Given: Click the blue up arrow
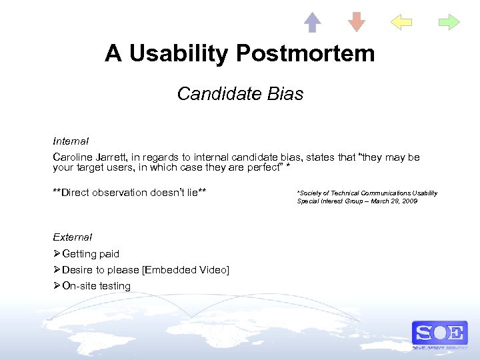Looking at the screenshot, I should point(313,22).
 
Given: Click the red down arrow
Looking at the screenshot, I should point(357,22).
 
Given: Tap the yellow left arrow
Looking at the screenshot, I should point(401,22).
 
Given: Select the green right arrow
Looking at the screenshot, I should point(449,22).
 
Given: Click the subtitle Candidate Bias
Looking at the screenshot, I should point(240,94).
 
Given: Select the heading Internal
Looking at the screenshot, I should point(71,141).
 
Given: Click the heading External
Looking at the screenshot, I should point(72,237).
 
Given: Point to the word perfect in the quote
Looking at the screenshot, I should point(258,167).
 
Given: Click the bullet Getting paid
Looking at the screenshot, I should point(90,254).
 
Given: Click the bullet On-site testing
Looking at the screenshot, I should point(96,286).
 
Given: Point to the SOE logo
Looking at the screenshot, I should point(439,333).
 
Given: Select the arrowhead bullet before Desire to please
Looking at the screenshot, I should point(57,270).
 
